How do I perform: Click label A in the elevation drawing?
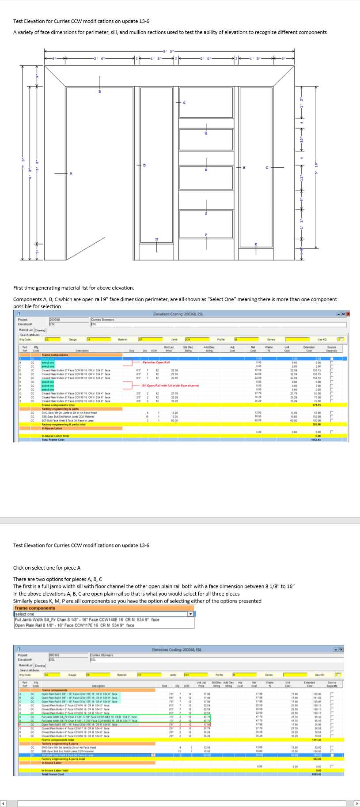click(71, 173)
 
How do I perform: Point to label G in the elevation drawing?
click(184, 103)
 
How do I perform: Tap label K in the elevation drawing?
click(256, 244)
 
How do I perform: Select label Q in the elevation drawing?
click(205, 133)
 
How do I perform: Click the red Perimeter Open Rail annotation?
click(156, 362)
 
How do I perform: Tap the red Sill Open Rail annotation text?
click(170, 385)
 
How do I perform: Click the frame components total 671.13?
click(316, 405)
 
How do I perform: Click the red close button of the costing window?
click(348, 314)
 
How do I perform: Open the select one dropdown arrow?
click(190, 614)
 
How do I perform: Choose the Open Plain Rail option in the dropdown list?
click(75, 625)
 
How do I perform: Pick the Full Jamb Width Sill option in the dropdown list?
click(87, 620)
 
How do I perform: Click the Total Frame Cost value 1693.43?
click(316, 774)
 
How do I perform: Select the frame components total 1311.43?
click(316, 739)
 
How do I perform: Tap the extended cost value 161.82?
click(317, 698)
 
